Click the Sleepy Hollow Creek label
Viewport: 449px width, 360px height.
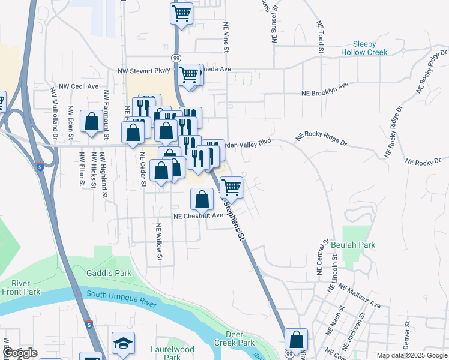coord(364,48)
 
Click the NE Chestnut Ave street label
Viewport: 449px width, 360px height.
coord(198,216)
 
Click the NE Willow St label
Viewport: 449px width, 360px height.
coord(159,242)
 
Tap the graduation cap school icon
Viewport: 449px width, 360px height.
coord(123,343)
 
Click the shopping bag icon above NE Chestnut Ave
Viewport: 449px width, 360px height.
coord(203,199)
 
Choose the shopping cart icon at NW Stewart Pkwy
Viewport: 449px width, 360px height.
coord(188,75)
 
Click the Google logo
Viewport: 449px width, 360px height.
coord(19,353)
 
